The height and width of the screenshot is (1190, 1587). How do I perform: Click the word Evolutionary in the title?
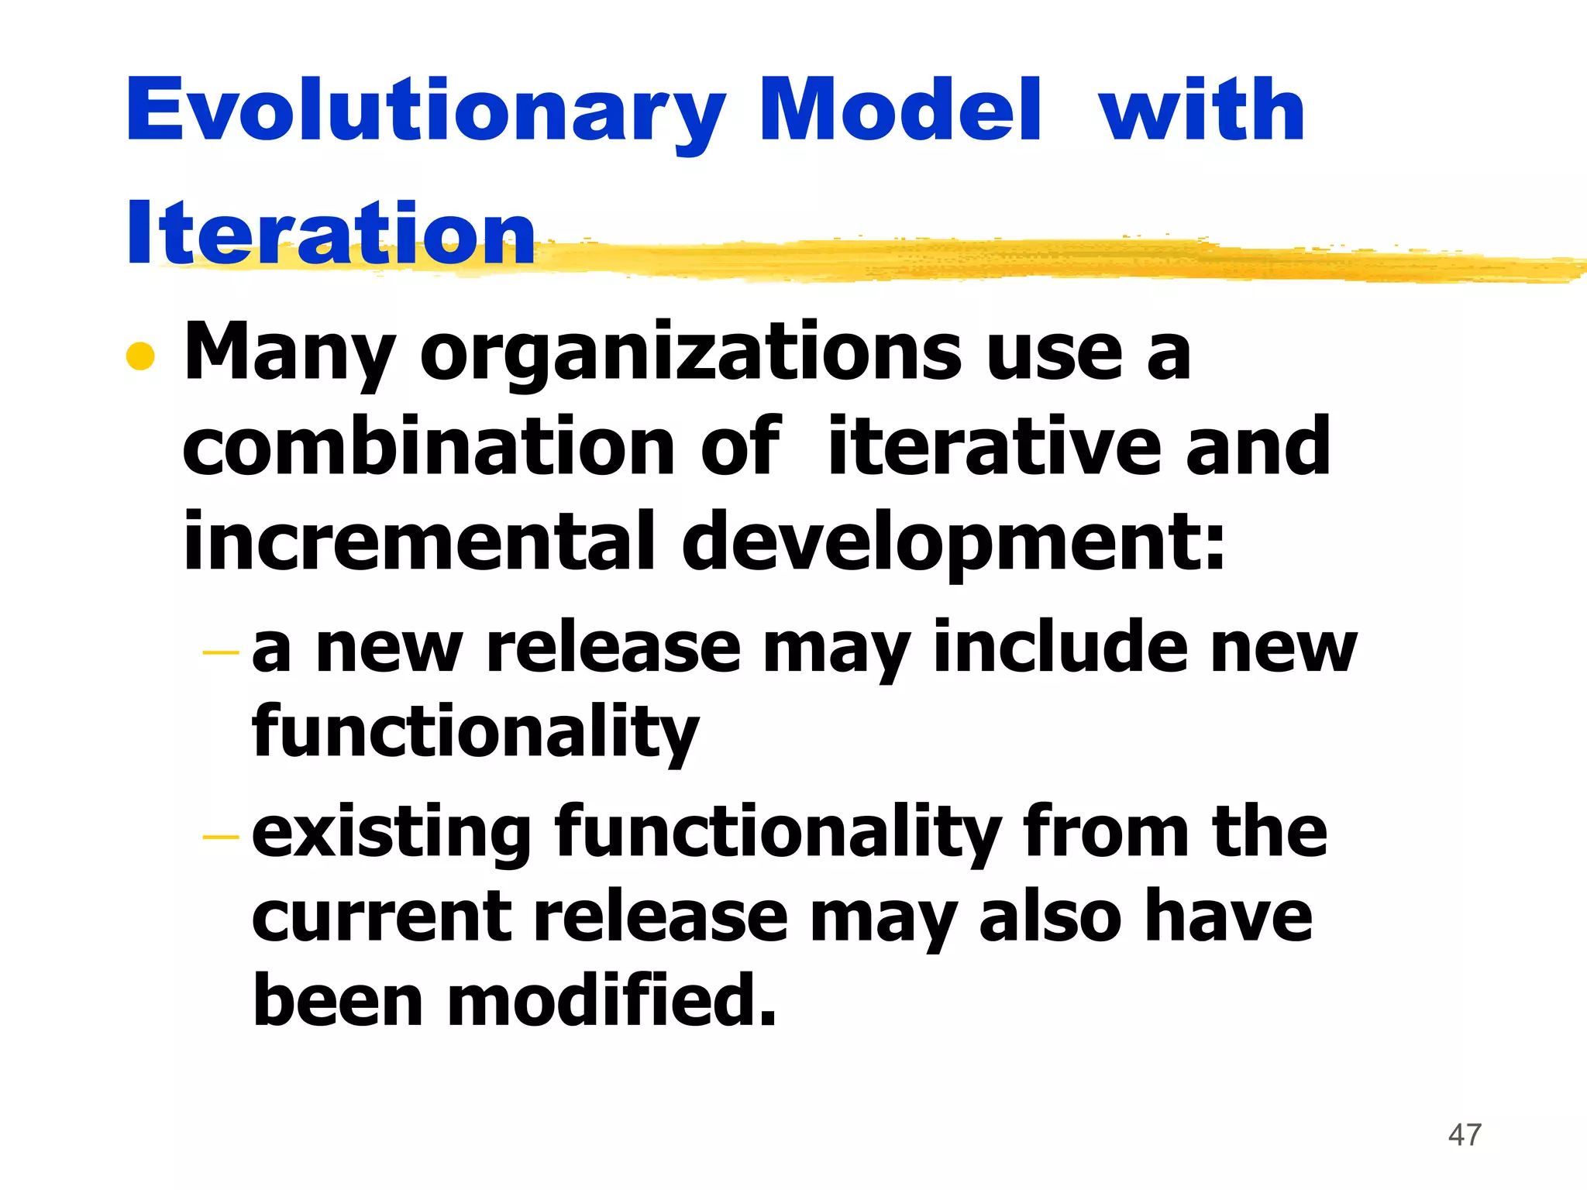[425, 112]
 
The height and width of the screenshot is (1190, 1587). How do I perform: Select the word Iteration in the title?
[331, 233]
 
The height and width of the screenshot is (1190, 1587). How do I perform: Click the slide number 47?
[1465, 1135]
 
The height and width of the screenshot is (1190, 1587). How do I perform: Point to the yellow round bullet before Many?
[140, 356]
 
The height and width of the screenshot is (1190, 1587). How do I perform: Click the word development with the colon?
[953, 542]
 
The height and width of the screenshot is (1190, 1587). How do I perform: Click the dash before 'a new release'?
[220, 653]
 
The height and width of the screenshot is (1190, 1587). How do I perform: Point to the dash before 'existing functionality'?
[220, 837]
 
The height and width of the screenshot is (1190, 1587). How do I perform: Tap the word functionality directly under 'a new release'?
[476, 732]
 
